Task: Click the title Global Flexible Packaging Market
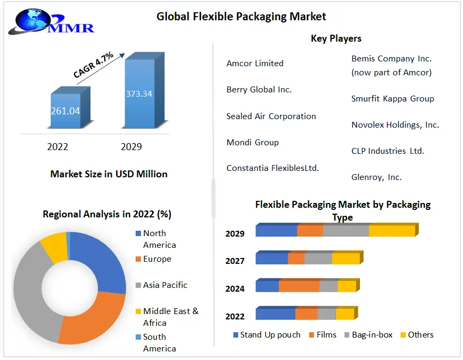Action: (x=241, y=17)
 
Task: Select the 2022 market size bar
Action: (x=65, y=111)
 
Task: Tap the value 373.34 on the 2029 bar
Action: (x=139, y=94)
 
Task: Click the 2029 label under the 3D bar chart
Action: (x=131, y=146)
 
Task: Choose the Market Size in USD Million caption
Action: (x=109, y=174)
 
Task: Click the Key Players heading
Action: (x=336, y=38)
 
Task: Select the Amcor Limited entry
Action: (x=255, y=63)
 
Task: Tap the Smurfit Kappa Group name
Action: (x=393, y=98)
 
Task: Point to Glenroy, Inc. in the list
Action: (x=376, y=177)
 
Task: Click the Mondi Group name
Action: (x=253, y=142)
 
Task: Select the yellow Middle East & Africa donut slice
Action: (x=53, y=247)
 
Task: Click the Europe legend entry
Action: (x=157, y=259)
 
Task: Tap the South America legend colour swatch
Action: (x=138, y=337)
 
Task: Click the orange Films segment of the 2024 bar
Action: (x=299, y=286)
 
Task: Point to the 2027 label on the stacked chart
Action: (x=235, y=261)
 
